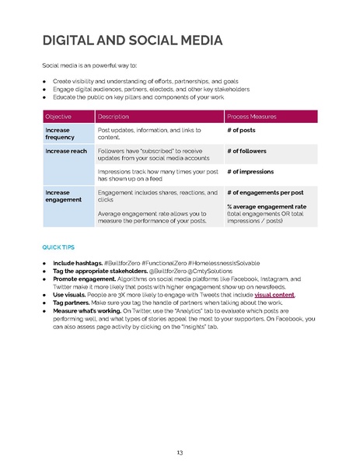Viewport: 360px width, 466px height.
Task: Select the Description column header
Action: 114,116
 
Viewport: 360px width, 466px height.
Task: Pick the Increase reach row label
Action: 66,151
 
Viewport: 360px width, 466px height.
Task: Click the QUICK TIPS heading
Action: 59,247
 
